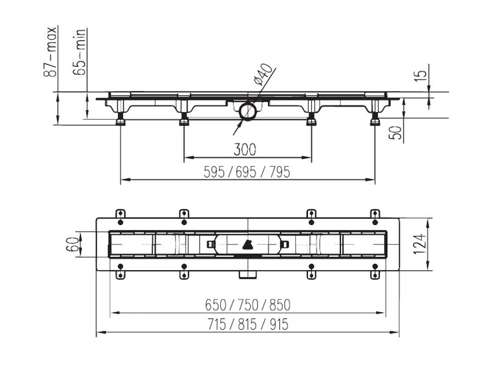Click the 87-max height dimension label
[51, 52]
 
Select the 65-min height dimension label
[79, 52]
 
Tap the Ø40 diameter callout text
[264, 74]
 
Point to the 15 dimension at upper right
[421, 75]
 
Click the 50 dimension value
[396, 133]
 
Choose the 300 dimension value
[245, 150]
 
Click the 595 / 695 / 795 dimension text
[247, 172]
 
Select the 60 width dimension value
[72, 245]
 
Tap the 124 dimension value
[419, 244]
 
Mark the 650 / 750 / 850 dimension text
[248, 305]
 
